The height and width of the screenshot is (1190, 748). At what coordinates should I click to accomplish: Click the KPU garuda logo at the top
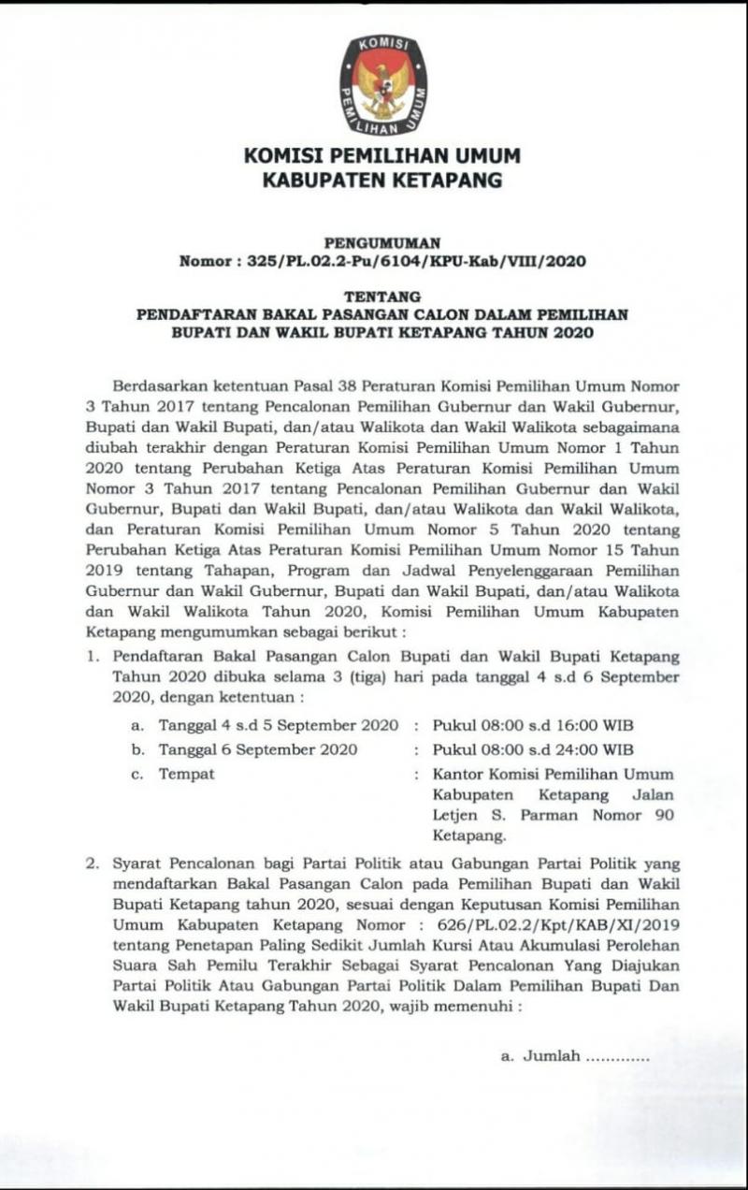click(382, 83)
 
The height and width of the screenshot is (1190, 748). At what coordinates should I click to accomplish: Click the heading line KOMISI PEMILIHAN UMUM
click(382, 156)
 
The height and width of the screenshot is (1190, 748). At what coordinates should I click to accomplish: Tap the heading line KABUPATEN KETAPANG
click(382, 180)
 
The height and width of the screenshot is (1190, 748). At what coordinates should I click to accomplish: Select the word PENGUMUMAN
click(381, 243)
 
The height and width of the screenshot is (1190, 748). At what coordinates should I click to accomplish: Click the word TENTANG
click(382, 297)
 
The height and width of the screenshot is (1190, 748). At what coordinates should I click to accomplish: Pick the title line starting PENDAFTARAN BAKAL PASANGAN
click(382, 315)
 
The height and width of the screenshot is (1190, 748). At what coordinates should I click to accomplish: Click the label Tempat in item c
click(186, 774)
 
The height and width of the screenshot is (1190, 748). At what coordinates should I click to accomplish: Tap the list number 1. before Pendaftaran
click(93, 658)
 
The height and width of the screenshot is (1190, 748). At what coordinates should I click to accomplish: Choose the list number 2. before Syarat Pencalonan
click(93, 863)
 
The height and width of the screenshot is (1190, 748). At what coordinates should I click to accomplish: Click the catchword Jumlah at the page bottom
click(551, 1056)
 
